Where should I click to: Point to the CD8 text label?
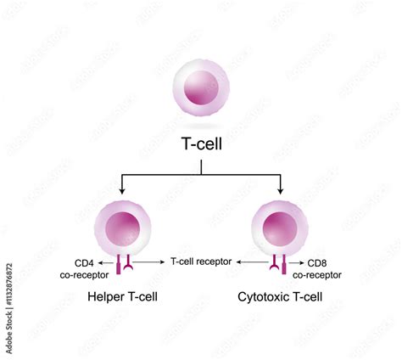coord(317,263)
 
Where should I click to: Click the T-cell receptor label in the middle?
coord(201,262)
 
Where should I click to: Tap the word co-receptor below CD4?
coord(85,275)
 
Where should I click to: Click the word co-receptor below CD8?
coord(318,275)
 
